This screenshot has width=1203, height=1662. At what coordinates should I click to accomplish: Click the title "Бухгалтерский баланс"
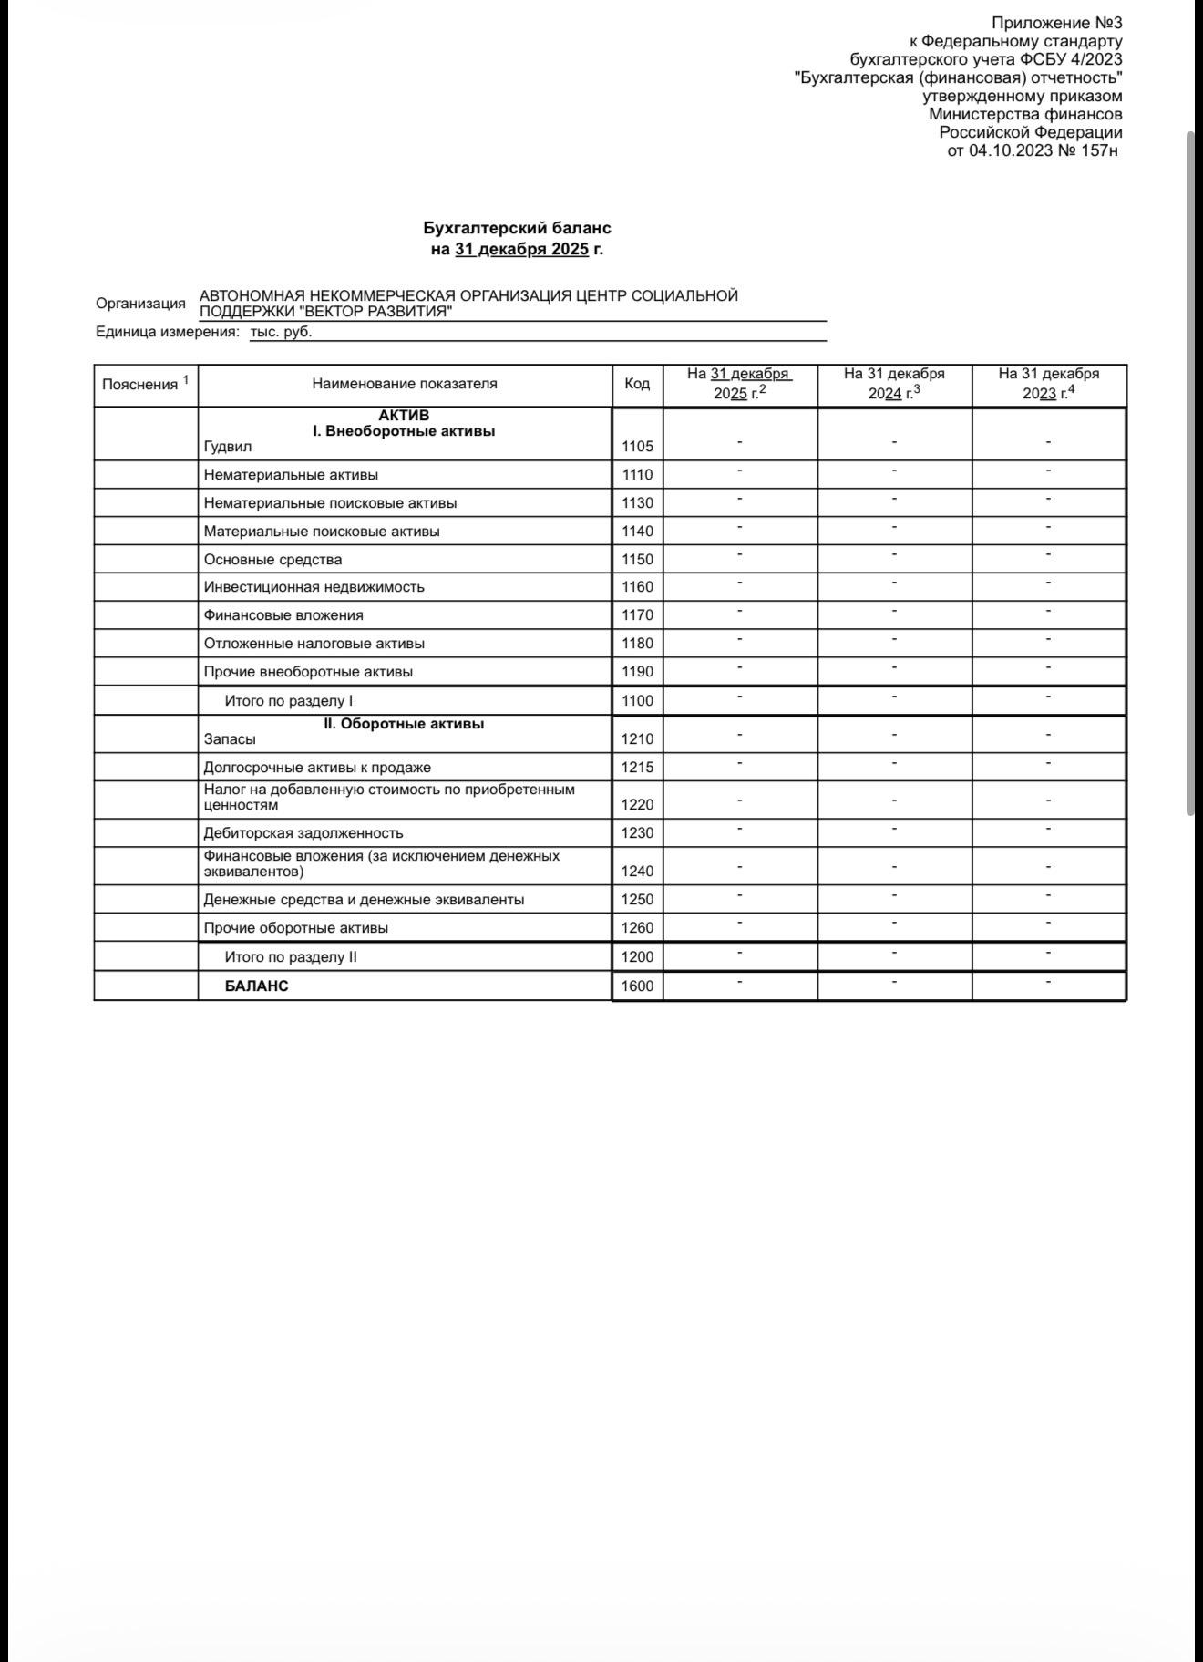point(517,228)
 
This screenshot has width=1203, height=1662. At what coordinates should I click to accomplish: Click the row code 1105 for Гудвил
point(637,447)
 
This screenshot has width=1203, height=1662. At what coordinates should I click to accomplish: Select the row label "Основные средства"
point(273,560)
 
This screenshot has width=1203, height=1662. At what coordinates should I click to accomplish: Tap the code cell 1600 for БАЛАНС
point(637,986)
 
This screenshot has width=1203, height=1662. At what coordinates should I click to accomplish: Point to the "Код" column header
point(637,384)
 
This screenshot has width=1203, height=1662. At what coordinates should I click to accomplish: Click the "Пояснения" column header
point(140,385)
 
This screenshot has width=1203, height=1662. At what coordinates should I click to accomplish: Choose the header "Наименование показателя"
point(405,384)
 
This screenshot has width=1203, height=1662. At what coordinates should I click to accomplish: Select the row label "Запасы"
point(230,739)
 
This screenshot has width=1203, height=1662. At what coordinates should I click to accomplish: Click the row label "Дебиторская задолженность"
point(303,833)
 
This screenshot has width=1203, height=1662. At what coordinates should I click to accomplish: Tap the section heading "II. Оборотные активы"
point(404,724)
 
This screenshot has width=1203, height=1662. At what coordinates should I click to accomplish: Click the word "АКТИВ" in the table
point(404,416)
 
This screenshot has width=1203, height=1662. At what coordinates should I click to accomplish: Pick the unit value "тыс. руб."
point(281,332)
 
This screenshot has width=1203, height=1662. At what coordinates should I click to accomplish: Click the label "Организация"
point(140,304)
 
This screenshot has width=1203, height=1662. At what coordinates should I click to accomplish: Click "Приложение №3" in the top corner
point(1056,23)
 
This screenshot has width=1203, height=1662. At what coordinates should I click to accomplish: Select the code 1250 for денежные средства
point(637,900)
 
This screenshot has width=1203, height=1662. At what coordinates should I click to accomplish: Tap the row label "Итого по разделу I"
point(289,701)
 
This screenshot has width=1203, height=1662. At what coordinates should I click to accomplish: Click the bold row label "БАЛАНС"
point(256,986)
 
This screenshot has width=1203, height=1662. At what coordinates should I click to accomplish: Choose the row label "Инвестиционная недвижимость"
point(314,587)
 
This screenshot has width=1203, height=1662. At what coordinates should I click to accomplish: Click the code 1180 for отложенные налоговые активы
point(637,644)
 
